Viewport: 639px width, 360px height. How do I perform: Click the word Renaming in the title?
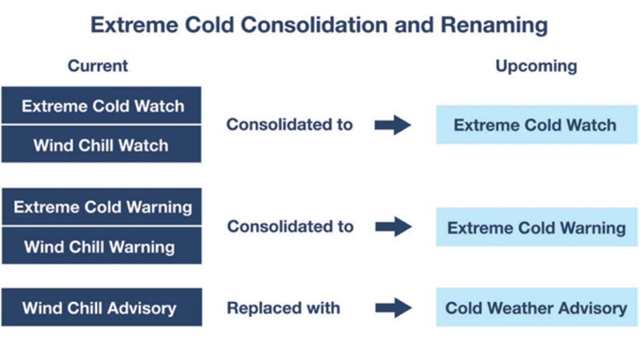[x=494, y=25]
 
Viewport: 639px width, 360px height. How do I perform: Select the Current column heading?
[x=98, y=66]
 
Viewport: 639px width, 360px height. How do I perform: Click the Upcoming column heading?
[x=536, y=66]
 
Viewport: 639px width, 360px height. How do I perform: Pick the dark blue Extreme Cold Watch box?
[x=102, y=106]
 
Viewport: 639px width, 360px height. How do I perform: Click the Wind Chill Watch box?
[x=102, y=144]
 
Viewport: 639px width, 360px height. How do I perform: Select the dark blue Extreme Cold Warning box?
[x=102, y=207]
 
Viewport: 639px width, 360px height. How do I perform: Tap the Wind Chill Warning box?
[x=102, y=247]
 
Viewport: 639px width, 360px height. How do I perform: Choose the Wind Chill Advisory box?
[x=102, y=307]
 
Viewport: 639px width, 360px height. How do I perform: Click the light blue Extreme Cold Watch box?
[x=536, y=125]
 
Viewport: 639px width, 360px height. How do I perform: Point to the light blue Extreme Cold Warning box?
[x=536, y=228]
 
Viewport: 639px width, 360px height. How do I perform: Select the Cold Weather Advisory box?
[x=536, y=307]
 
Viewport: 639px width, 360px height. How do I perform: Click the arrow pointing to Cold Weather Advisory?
[x=393, y=308]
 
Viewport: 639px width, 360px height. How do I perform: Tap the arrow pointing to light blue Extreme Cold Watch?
[x=393, y=125]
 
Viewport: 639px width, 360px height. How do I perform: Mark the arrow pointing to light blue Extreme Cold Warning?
[x=393, y=227]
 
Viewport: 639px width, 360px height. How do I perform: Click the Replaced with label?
[x=283, y=308]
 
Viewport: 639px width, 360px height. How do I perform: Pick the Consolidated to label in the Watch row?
[x=290, y=125]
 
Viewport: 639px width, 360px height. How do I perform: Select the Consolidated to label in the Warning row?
[x=290, y=227]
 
